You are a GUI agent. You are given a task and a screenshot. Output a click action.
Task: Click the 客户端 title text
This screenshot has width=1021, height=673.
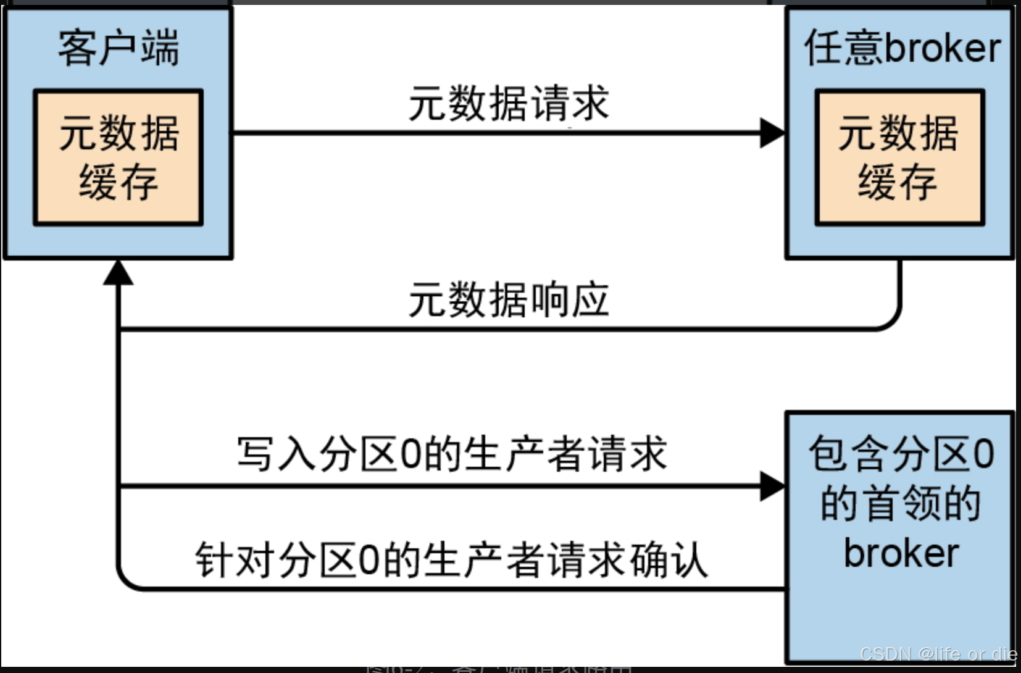[x=119, y=48]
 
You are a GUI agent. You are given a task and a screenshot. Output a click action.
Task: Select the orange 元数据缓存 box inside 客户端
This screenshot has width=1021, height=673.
[x=118, y=157]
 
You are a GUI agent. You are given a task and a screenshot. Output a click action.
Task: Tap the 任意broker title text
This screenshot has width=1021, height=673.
[x=901, y=48]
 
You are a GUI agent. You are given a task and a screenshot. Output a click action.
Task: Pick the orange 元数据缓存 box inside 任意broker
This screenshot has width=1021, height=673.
[x=899, y=157]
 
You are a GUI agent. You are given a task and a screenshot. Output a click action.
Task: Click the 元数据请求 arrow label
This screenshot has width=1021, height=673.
[x=509, y=104]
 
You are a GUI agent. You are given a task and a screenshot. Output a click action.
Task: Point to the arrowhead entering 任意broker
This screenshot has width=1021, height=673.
[x=772, y=133]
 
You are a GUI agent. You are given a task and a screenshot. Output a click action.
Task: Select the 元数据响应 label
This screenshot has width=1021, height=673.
[x=509, y=301]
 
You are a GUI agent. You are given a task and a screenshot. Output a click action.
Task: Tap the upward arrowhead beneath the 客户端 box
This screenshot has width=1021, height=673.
[x=118, y=272]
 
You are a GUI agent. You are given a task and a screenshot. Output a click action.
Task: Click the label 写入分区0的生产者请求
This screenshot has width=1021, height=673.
[x=452, y=454]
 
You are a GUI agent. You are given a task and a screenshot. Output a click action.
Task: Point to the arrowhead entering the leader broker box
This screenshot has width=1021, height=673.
[x=772, y=487]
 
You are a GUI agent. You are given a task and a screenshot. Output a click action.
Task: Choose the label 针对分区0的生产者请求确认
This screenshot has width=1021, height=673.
[x=452, y=560]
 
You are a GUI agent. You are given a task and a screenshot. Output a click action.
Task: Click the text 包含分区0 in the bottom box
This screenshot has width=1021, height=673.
[x=901, y=454]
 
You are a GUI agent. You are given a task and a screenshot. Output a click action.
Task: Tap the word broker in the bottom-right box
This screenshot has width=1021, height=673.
[x=901, y=553]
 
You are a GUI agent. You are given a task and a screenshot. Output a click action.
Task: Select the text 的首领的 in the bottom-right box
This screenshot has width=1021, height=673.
[x=901, y=503]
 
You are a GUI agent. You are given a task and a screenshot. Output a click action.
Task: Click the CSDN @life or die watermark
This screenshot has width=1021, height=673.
[x=938, y=653]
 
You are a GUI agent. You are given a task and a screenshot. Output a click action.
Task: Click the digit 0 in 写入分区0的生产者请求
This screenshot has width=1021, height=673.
[x=410, y=454]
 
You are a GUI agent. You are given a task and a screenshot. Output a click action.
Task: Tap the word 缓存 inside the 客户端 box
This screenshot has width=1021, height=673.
[x=118, y=182]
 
